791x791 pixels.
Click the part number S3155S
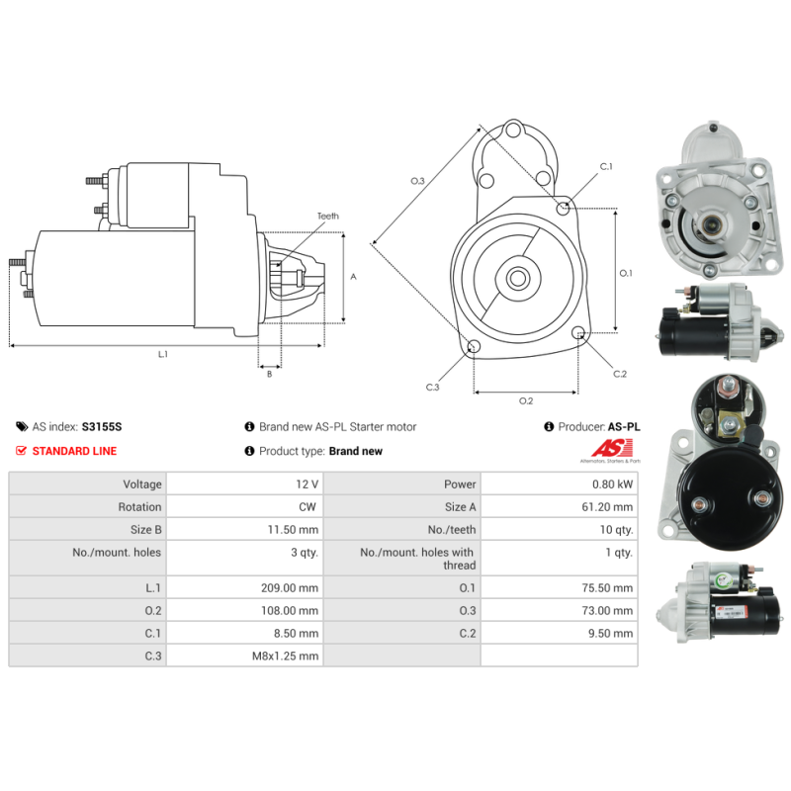click(x=102, y=427)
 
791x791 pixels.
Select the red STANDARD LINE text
click(x=74, y=451)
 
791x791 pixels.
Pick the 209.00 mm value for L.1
click(x=290, y=587)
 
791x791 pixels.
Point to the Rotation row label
click(x=139, y=507)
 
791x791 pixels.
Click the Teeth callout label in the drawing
click(x=328, y=216)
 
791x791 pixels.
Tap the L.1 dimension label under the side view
click(x=163, y=354)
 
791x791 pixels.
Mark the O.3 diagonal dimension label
click(x=417, y=181)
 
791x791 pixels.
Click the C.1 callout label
click(x=606, y=166)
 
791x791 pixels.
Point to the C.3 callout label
click(x=432, y=387)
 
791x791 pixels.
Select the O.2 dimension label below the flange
click(x=526, y=400)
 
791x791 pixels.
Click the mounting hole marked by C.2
click(x=578, y=332)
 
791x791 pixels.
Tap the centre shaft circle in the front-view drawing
click(x=517, y=278)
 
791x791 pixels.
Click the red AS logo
click(x=612, y=448)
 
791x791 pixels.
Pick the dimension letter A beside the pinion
click(x=353, y=277)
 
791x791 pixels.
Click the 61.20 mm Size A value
click(x=607, y=507)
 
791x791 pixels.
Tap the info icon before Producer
click(x=549, y=427)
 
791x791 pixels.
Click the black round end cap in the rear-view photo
click(x=730, y=498)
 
